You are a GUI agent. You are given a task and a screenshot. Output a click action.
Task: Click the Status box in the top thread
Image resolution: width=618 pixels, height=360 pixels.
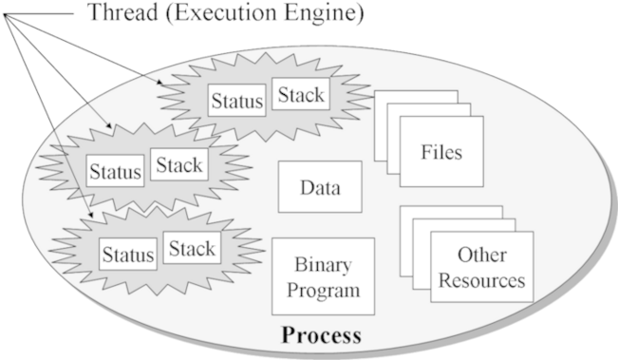tap(237, 100)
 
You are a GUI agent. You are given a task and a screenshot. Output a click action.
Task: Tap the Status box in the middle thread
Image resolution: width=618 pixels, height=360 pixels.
tap(117, 172)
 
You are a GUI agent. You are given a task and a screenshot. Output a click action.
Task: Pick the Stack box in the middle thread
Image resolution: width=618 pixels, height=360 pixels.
tap(179, 165)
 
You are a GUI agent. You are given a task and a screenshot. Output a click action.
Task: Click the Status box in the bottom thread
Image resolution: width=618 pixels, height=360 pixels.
tap(128, 255)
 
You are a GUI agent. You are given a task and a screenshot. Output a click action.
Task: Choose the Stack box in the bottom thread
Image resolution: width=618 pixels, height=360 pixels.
tap(192, 249)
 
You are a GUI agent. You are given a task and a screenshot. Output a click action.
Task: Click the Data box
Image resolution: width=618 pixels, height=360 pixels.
tap(320, 187)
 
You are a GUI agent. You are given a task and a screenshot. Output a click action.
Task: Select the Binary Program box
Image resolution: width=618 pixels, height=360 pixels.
tap(322, 276)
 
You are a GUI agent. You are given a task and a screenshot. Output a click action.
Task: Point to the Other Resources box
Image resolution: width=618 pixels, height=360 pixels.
tap(482, 268)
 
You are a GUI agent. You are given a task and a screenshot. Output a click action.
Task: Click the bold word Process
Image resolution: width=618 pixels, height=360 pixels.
tap(321, 335)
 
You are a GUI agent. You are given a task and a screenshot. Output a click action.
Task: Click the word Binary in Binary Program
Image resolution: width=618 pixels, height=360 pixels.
tap(322, 264)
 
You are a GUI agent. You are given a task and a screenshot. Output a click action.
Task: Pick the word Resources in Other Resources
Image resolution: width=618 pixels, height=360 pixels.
tap(482, 281)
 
